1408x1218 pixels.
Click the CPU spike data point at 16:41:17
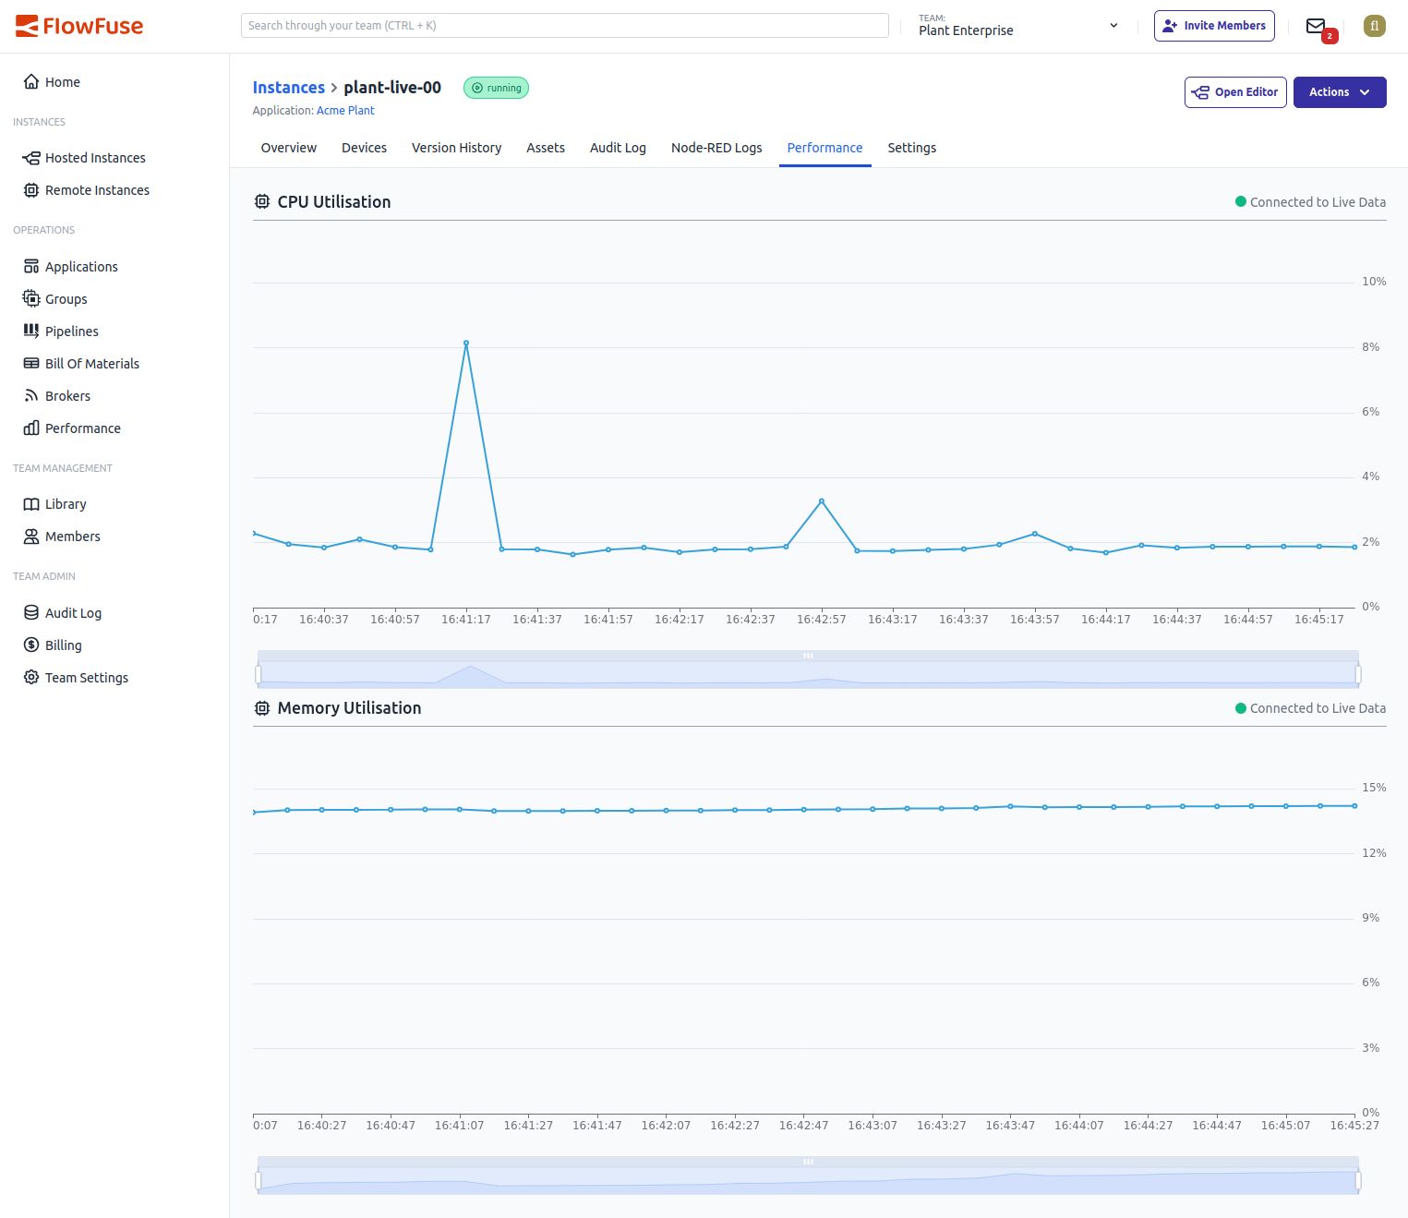pos(466,344)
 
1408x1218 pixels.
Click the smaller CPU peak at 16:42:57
pos(822,501)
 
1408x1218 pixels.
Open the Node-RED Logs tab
pos(716,148)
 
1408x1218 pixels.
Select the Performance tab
pos(824,148)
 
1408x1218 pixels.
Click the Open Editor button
pos(1235,92)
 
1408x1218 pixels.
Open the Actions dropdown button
pos(1339,92)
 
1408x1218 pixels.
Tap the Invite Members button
pos(1214,26)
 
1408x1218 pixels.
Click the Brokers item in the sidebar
pos(67,396)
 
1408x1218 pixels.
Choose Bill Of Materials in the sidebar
pos(91,364)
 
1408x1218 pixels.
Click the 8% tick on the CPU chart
pos(1370,347)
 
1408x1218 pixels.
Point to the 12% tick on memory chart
pos(1374,853)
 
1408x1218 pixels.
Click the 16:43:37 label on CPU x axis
pos(963,620)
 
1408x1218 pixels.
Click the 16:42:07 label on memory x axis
pos(666,1126)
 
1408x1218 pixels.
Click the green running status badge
pos(496,89)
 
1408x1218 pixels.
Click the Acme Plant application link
pos(345,111)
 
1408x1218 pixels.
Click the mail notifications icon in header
pos(1316,26)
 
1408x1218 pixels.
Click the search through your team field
pos(564,26)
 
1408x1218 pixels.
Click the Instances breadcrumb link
pos(288,88)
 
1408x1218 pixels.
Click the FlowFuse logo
pos(79,26)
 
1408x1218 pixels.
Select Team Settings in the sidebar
pos(86,678)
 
